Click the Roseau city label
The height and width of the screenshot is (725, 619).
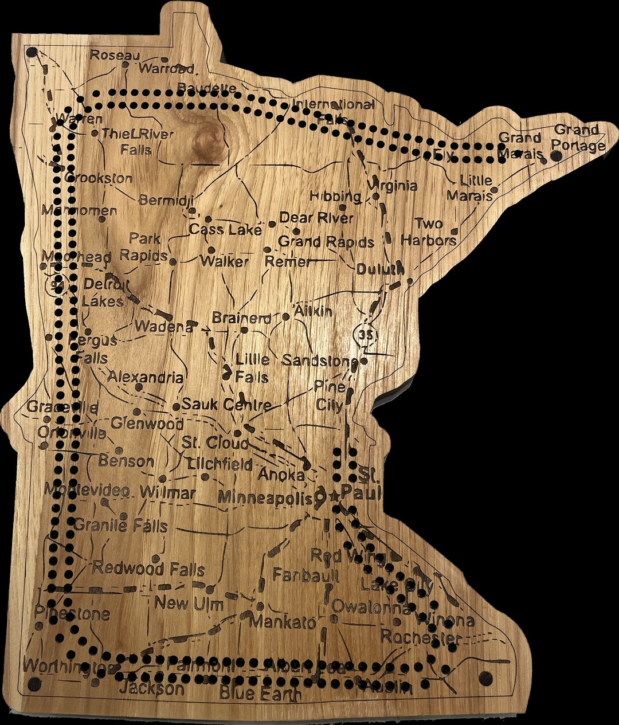[x=115, y=55]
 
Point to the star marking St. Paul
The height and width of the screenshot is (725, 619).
[x=335, y=496]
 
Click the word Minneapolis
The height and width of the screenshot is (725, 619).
[x=266, y=497]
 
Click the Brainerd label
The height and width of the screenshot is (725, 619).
[x=241, y=318]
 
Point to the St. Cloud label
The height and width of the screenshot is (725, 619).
[x=216, y=443]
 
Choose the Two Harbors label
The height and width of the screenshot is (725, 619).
[x=429, y=232]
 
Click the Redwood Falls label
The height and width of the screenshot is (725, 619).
[x=148, y=569]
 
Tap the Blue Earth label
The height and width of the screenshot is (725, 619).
[x=260, y=694]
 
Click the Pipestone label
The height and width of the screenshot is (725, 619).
[x=72, y=614]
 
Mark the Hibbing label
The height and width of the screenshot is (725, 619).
[x=335, y=196]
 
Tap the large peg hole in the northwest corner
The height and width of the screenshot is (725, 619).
[x=32, y=52]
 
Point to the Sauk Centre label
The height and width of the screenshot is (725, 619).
[x=226, y=404]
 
